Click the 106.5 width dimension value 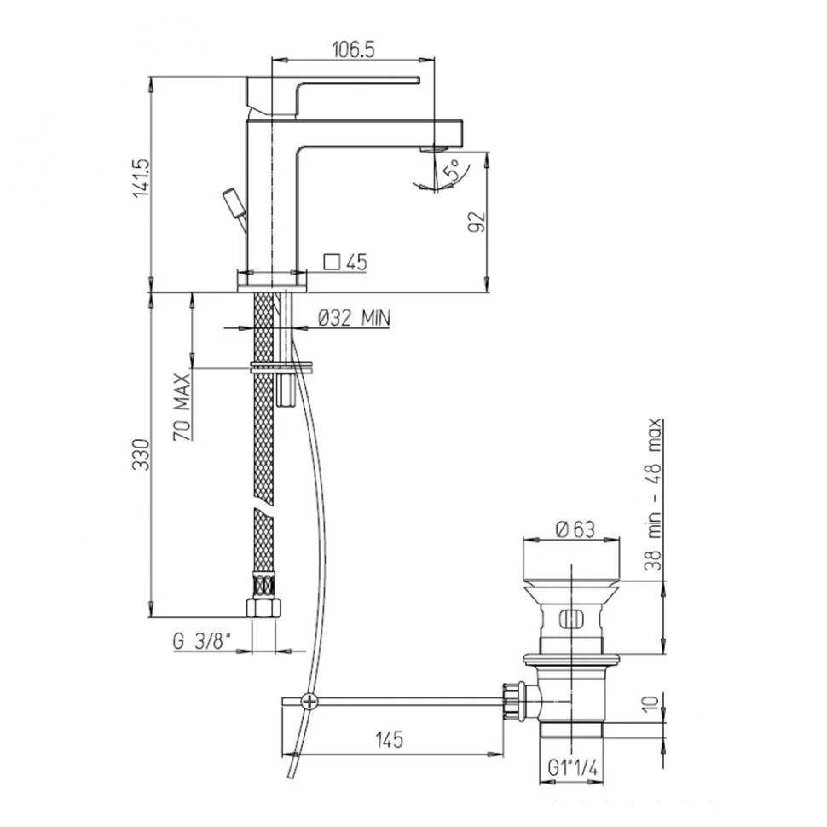[x=353, y=50]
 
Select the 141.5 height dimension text [x=142, y=178]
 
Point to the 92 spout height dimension [x=476, y=222]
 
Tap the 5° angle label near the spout [x=455, y=170]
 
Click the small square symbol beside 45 [x=332, y=262]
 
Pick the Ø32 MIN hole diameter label [x=354, y=318]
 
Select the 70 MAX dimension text [x=182, y=407]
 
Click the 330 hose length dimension [x=142, y=454]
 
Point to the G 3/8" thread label [x=202, y=641]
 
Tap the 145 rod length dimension [x=390, y=739]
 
